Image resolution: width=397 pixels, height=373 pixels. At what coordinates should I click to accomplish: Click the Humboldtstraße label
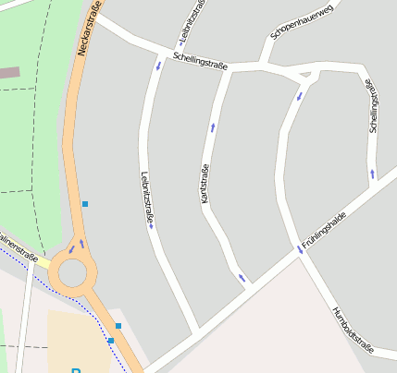(x=353, y=330)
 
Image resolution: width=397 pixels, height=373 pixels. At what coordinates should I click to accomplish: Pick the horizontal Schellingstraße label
(x=200, y=60)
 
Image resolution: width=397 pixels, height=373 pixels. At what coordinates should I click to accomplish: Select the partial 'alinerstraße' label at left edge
(x=18, y=247)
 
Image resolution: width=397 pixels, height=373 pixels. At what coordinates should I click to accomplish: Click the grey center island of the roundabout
(x=71, y=272)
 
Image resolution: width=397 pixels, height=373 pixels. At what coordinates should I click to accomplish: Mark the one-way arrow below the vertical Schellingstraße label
(x=373, y=173)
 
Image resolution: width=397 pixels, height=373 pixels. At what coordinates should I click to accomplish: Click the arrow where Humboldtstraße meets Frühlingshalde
(x=300, y=249)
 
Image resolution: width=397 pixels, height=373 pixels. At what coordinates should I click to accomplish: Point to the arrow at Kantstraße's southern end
(x=242, y=277)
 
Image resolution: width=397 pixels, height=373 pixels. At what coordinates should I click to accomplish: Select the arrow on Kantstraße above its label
(x=213, y=126)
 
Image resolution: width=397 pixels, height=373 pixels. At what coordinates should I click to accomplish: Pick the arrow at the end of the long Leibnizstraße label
(x=151, y=227)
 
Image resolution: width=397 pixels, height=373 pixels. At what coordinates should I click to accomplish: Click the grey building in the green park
(x=8, y=72)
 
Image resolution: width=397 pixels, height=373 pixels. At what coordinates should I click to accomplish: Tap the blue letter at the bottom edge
(x=76, y=369)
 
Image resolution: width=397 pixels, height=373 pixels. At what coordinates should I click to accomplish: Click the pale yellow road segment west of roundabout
(x=43, y=262)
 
